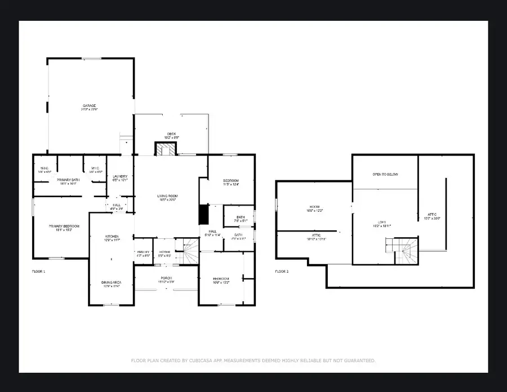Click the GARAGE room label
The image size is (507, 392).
click(x=90, y=105)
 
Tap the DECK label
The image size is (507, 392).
click(x=171, y=133)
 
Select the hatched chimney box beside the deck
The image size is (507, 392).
click(x=166, y=149)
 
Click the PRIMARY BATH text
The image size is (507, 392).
click(x=68, y=180)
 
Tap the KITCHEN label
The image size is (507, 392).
click(x=112, y=236)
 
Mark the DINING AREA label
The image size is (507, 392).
click(x=111, y=283)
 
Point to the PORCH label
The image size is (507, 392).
click(x=166, y=278)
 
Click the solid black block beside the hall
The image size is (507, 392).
click(x=203, y=215)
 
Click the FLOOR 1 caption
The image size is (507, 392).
click(x=39, y=271)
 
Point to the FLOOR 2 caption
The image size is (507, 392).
click(x=282, y=271)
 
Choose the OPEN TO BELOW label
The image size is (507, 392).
click(x=385, y=174)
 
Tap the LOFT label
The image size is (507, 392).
click(x=383, y=222)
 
